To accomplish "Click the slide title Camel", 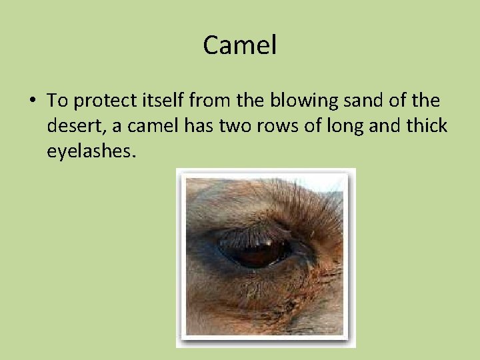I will tap(240, 45).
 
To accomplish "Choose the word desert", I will tap(72, 126).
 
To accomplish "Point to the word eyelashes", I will tap(91, 151).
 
